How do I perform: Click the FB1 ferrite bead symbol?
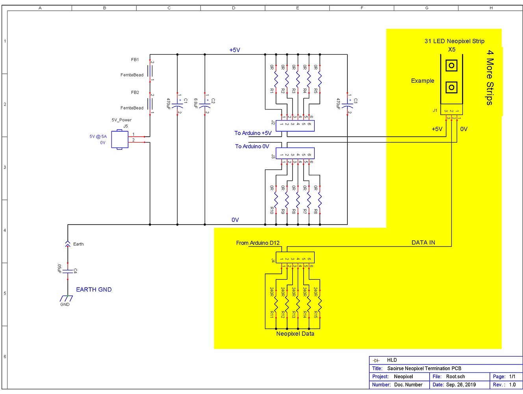pyautogui.click(x=150, y=71)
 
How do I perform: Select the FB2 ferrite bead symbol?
pyautogui.click(x=150, y=104)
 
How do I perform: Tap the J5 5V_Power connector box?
pyautogui.click(x=120, y=139)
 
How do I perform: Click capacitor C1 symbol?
pyautogui.click(x=177, y=106)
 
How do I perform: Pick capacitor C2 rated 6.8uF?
pyautogui.click(x=205, y=106)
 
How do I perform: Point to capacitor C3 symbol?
pyautogui.click(x=347, y=106)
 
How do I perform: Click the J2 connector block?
pyautogui.click(x=295, y=126)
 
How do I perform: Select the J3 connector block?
pyautogui.click(x=295, y=153)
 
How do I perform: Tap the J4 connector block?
pyautogui.click(x=295, y=258)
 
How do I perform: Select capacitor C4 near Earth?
pyautogui.click(x=68, y=271)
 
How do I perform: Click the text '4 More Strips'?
pyautogui.click(x=490, y=77)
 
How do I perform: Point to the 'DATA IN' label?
pyautogui.click(x=423, y=242)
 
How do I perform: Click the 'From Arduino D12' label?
pyautogui.click(x=258, y=243)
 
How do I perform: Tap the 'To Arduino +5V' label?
pyautogui.click(x=253, y=133)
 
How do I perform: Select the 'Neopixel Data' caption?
pyautogui.click(x=295, y=334)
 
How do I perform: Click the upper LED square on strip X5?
pyautogui.click(x=451, y=65)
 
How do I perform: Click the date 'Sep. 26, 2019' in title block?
pyautogui.click(x=460, y=385)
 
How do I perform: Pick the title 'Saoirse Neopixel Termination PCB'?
pyautogui.click(x=424, y=368)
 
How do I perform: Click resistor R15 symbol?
pyautogui.click(x=320, y=303)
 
